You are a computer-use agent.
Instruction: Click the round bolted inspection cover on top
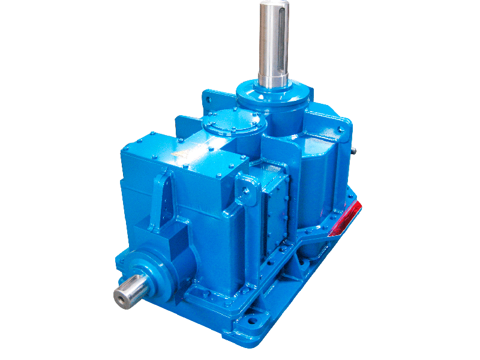(x=233, y=124)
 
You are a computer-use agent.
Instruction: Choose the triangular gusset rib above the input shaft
(x=163, y=201)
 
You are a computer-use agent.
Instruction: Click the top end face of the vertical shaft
(x=274, y=5)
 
